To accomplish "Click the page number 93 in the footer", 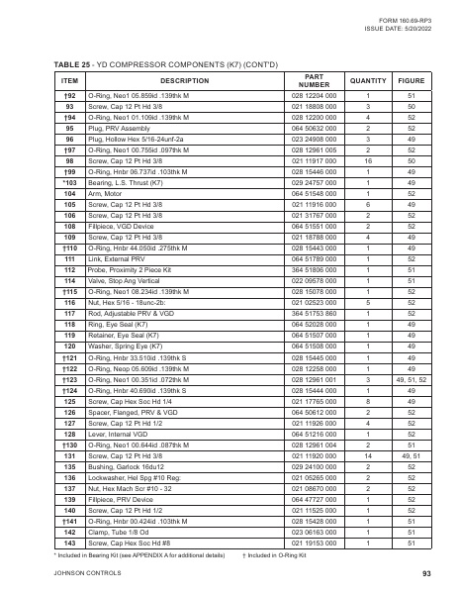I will click(425, 573).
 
